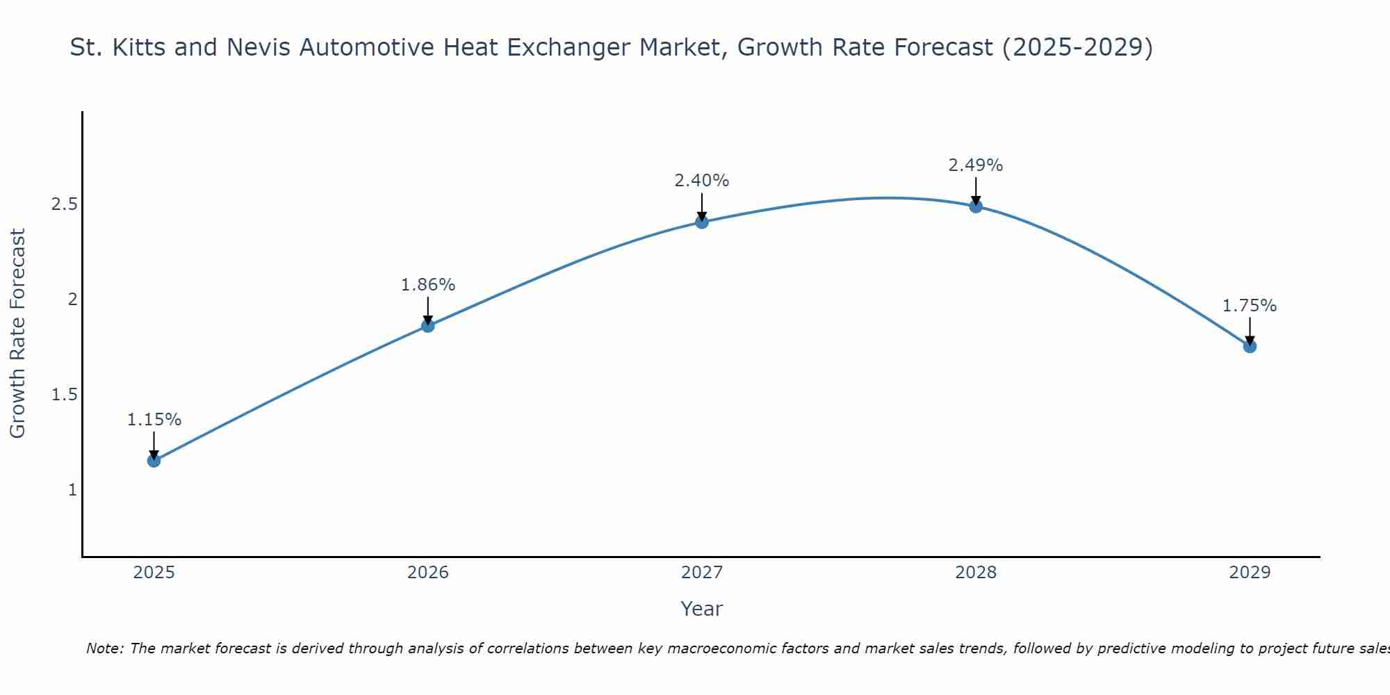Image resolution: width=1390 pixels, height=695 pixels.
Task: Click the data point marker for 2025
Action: [154, 460]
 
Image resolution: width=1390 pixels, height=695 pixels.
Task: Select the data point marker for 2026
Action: [428, 325]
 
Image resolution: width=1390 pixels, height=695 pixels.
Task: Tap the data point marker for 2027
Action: [702, 222]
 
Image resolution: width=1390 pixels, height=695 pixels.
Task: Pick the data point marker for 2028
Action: [976, 206]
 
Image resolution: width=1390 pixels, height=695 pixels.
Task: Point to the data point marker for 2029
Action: [1250, 346]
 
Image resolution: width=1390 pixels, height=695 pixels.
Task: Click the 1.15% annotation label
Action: [154, 420]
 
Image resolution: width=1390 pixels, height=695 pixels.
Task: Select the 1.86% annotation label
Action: [428, 285]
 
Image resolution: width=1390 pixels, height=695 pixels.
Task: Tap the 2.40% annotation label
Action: [702, 181]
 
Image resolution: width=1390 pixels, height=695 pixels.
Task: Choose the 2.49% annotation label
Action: [976, 165]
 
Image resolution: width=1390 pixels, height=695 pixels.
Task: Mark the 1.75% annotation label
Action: [1250, 306]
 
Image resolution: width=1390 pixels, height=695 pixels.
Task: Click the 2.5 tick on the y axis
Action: [64, 204]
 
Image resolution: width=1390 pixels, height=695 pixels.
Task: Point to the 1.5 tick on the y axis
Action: [64, 395]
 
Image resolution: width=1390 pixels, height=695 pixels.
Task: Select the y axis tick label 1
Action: [72, 490]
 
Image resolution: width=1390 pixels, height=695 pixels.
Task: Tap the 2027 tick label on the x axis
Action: [702, 573]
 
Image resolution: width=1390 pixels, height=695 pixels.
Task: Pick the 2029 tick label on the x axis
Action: [1250, 573]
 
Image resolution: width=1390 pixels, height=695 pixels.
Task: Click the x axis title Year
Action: [702, 609]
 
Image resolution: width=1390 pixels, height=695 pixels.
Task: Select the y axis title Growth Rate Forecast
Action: [17, 334]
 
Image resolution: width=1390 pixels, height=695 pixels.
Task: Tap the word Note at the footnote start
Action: [104, 648]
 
